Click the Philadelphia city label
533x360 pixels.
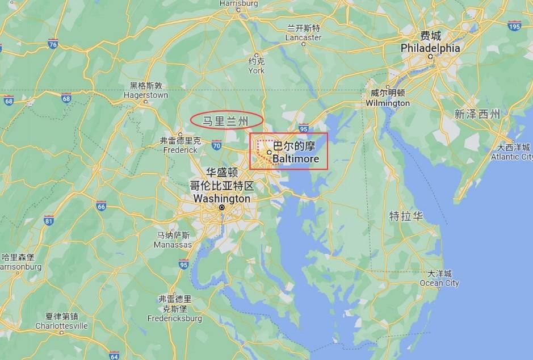tap(430, 48)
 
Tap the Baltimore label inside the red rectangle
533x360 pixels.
tap(295, 159)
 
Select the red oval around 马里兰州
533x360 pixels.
tap(226, 120)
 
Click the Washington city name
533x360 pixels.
tap(221, 199)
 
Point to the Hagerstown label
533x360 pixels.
tap(146, 95)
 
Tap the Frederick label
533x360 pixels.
tap(180, 150)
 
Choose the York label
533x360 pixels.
tap(256, 70)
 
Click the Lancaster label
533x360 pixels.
tap(303, 37)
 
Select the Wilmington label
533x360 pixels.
tap(388, 103)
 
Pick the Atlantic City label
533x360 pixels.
tap(512, 156)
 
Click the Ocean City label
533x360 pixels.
tap(439, 283)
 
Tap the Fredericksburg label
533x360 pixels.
tap(175, 319)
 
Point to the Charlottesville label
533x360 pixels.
tap(61, 326)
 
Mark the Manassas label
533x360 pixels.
tap(173, 245)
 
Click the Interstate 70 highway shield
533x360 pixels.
tap(216, 146)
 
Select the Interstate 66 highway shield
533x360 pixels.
tap(101, 206)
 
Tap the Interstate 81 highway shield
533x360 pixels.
tap(49, 220)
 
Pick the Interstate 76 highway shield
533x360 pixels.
tap(53, 44)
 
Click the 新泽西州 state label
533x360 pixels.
tap(477, 114)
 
